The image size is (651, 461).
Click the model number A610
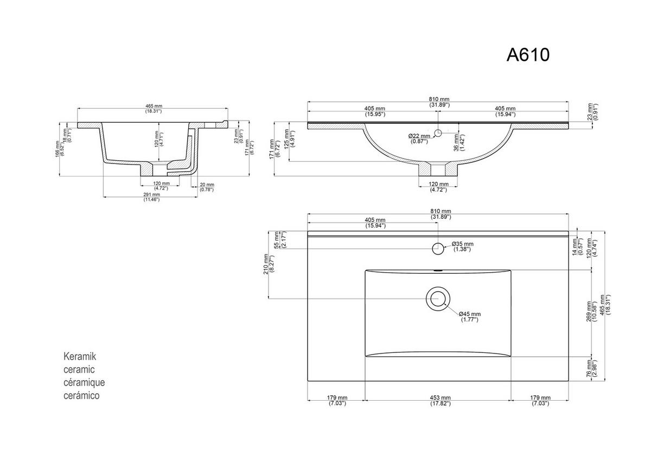(x=528, y=55)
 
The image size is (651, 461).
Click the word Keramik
(x=80, y=357)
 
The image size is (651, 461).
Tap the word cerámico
(x=82, y=396)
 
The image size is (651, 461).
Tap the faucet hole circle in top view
(x=437, y=248)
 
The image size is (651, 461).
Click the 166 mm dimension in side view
(x=58, y=148)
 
